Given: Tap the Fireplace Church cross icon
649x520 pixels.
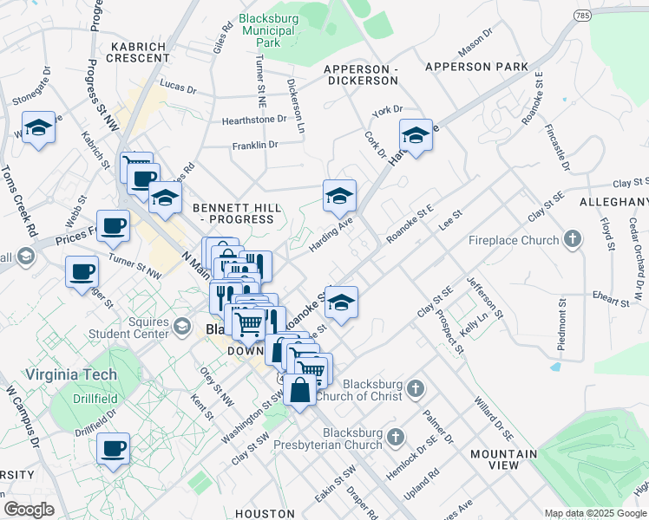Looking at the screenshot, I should click(572, 239).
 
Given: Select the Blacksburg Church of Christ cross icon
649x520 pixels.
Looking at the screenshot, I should click(416, 388).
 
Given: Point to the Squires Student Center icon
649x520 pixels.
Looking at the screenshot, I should click(181, 326).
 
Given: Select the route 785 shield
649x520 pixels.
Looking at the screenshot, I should click(581, 16).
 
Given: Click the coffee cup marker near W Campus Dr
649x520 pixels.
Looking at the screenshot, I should click(113, 449).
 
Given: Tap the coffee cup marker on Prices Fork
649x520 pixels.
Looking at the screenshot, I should click(113, 226).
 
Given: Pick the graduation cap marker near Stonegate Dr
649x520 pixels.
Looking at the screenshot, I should click(39, 129).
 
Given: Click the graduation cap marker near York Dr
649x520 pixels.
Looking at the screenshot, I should click(416, 136).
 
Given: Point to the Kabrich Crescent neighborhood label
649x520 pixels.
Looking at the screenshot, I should click(139, 51).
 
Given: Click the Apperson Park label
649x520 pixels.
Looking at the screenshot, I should click(476, 67).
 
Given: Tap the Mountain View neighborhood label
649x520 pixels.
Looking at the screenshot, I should click(504, 460).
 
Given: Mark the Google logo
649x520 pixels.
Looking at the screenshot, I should click(29, 510).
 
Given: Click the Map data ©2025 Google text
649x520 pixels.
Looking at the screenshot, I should click(594, 513).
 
